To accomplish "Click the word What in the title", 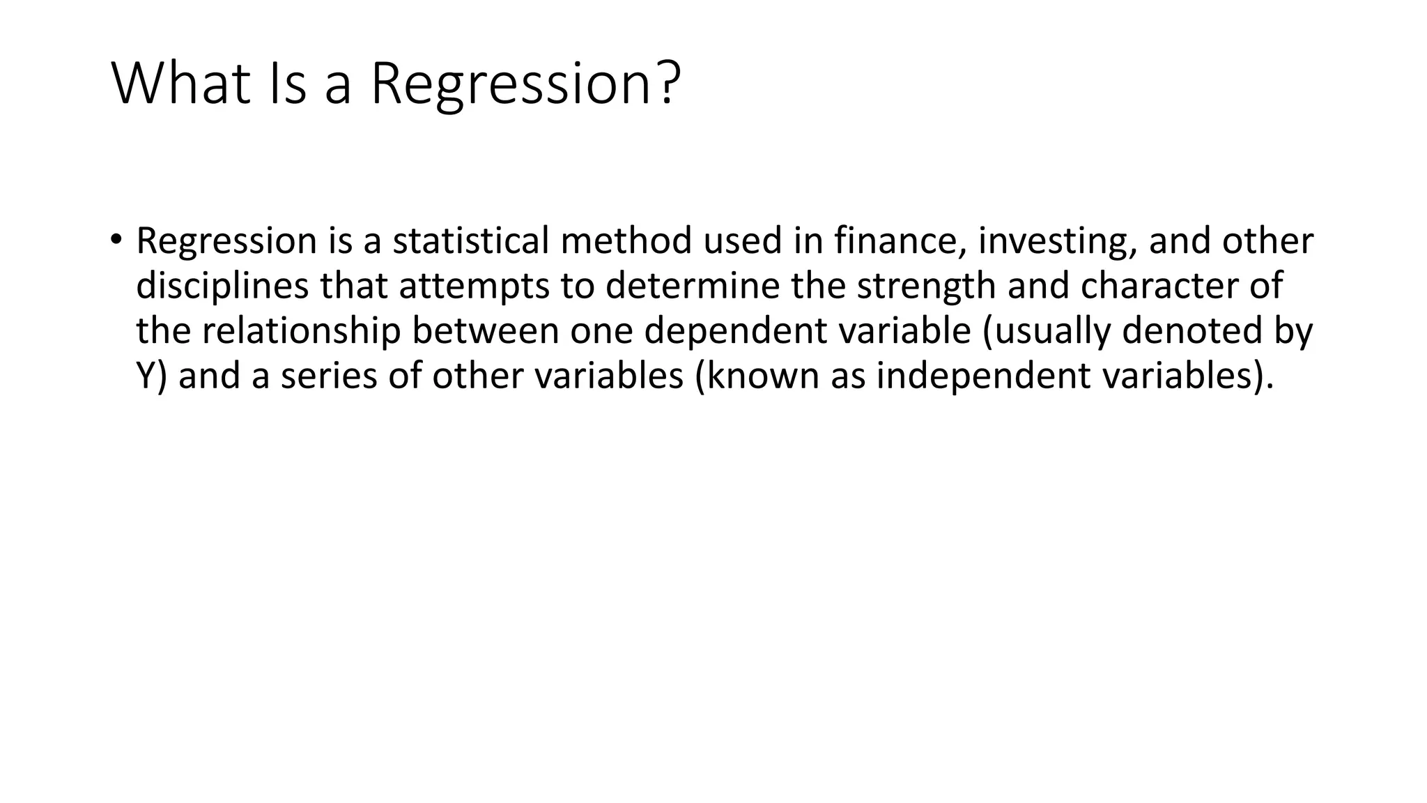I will pyautogui.click(x=180, y=84).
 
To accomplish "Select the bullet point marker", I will pyautogui.click(x=116, y=240).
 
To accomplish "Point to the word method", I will pyautogui.click(x=626, y=240).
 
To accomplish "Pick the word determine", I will pyautogui.click(x=692, y=286).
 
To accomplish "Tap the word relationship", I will pyautogui.click(x=301, y=332).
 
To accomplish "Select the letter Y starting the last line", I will pyautogui.click(x=145, y=376).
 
